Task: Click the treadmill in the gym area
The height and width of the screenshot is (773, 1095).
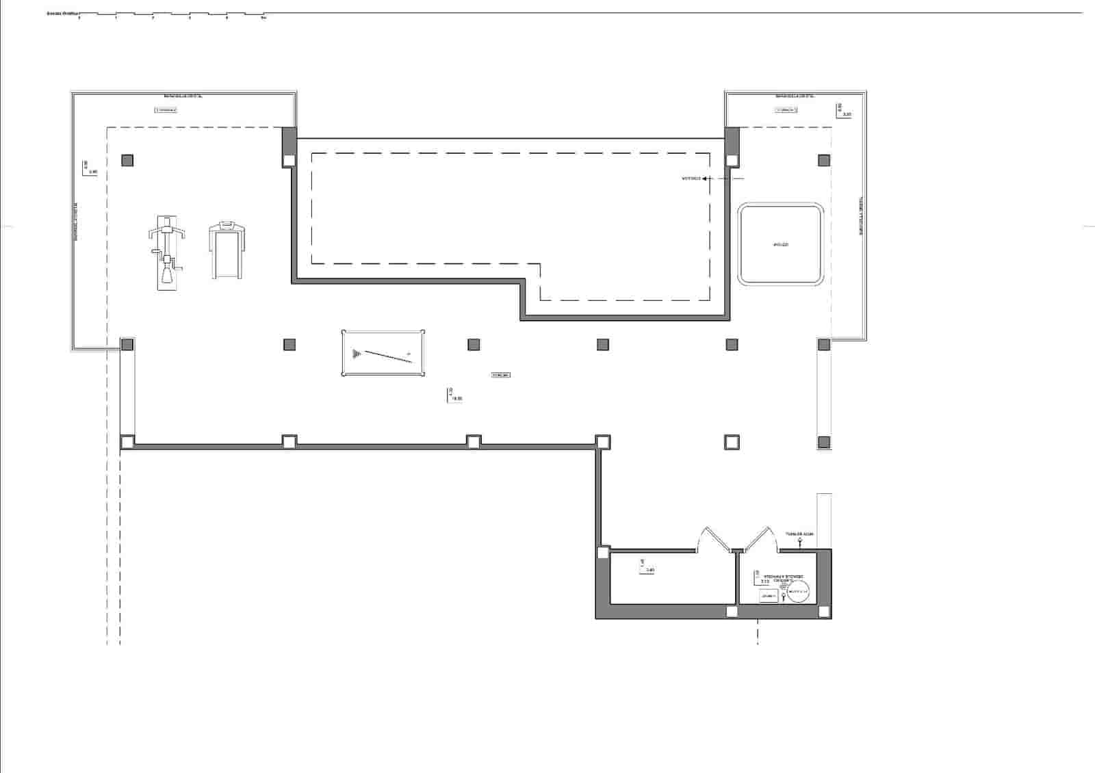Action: [x=227, y=250]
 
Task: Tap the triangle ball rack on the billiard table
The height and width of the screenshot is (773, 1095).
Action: [x=356, y=354]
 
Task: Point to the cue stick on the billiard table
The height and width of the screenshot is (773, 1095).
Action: [x=388, y=356]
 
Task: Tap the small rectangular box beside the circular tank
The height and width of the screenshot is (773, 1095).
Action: [x=768, y=597]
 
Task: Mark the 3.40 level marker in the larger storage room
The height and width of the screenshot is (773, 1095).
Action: [x=647, y=567]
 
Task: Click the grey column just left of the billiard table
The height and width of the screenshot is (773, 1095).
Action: [x=289, y=344]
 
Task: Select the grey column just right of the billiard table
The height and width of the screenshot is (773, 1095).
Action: [x=474, y=344]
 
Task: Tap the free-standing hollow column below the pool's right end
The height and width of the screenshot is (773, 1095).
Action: [x=732, y=442]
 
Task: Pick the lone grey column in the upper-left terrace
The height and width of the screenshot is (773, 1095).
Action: [x=127, y=161]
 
